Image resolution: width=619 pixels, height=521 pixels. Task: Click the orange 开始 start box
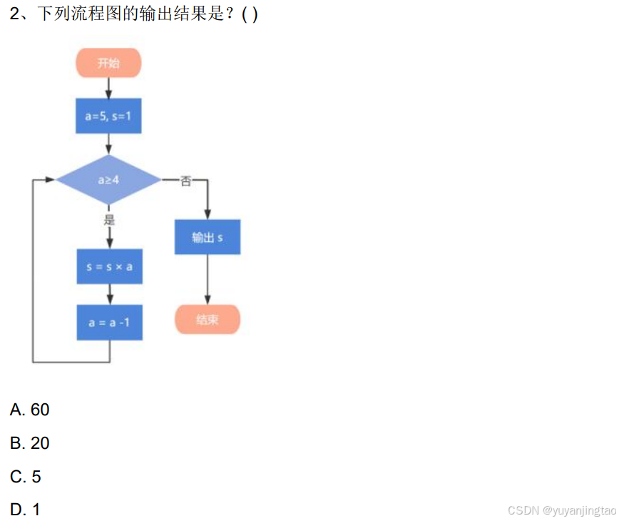coord(108,63)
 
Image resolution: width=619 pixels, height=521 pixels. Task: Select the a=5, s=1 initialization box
coord(108,116)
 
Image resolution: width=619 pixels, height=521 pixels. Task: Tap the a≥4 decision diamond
coord(108,180)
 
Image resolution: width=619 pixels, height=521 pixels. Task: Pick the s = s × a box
coord(109,267)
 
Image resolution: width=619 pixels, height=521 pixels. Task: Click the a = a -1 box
coord(109,323)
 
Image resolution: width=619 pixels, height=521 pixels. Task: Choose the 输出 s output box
coord(208,238)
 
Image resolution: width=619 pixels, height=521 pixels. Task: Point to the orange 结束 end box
coord(208,320)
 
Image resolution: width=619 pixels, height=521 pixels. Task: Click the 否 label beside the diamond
coord(185,181)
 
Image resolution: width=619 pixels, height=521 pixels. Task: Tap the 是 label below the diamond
coord(109,219)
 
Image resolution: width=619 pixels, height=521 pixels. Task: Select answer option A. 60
coord(30,410)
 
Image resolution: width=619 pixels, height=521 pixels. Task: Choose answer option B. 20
coord(30,443)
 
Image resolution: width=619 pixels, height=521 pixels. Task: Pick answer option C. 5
coord(26,476)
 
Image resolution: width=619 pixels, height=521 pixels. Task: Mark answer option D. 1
coord(26,510)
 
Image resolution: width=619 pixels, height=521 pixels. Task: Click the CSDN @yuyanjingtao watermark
coord(561,510)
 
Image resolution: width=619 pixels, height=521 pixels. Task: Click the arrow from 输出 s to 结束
coord(208,280)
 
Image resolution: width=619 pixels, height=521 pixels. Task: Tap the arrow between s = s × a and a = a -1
coord(109,294)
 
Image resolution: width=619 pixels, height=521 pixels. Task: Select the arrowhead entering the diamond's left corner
coord(50,180)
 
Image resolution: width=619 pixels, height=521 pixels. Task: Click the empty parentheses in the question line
coord(250,14)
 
